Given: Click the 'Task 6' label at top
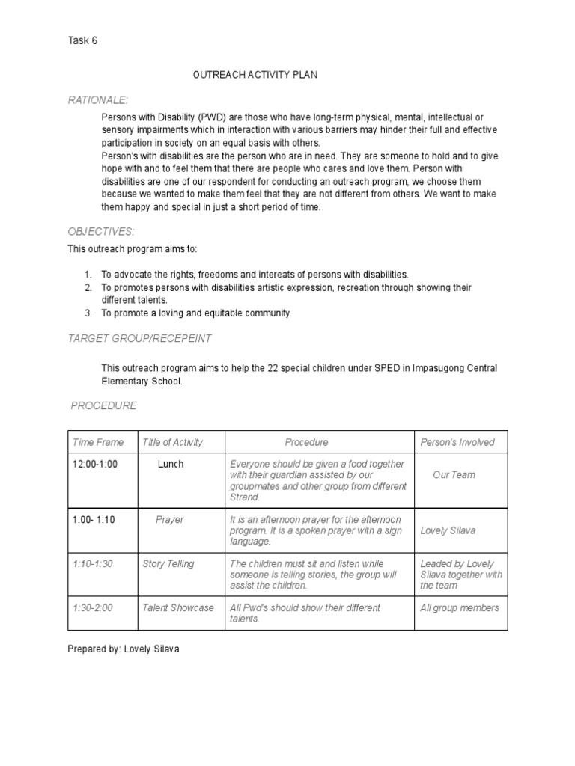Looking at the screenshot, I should coord(83,41).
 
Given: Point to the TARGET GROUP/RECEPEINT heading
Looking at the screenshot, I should coord(140,338).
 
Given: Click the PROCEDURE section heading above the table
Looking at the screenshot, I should coord(103,405).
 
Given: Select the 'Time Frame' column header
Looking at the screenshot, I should coord(98,442).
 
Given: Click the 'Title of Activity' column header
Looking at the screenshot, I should coord(172,442).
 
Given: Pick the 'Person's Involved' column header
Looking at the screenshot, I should coord(457,442).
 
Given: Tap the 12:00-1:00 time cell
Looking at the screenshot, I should coord(95,464).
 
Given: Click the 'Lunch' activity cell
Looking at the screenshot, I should coord(171,464).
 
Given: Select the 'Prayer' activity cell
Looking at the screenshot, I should coord(170,519).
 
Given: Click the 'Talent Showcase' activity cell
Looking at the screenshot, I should coord(178,607).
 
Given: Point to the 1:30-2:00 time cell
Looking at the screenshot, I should coord(92,607).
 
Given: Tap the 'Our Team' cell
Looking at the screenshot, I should coord(454,474).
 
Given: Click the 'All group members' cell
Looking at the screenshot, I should coord(459,607).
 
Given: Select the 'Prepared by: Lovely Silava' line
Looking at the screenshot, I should coord(124,649).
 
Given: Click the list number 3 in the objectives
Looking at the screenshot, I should coord(87,313).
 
